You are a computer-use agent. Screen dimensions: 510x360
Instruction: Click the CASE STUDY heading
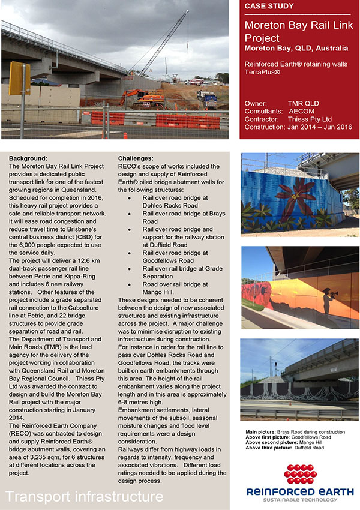click(x=269, y=7)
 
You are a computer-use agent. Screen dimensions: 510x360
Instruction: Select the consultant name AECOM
click(x=302, y=111)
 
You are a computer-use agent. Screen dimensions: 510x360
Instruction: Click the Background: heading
click(x=28, y=158)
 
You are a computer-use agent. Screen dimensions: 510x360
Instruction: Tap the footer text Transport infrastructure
click(x=85, y=496)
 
